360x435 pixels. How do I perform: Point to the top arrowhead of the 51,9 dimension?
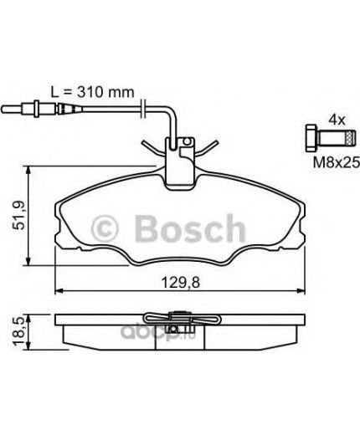click(x=31, y=171)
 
